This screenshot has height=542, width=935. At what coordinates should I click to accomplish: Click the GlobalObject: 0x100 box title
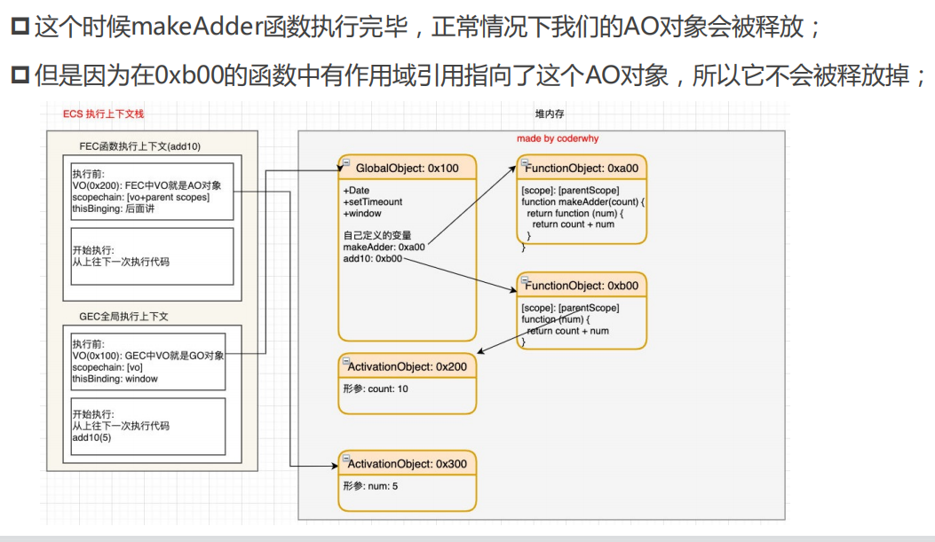pyautogui.click(x=407, y=168)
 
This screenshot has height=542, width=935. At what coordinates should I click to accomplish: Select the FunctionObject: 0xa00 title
pyautogui.click(x=583, y=168)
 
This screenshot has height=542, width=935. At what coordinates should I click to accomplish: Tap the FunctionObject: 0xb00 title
pyautogui.click(x=583, y=286)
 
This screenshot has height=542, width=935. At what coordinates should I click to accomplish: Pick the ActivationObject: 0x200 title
pyautogui.click(x=407, y=366)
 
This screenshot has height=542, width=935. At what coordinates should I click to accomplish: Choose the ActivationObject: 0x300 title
pyautogui.click(x=407, y=464)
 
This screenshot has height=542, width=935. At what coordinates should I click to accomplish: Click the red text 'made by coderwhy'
pyautogui.click(x=557, y=139)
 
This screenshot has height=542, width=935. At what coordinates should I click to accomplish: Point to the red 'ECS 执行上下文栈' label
pyautogui.click(x=104, y=114)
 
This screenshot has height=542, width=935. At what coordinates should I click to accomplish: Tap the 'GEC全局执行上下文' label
pyautogui.click(x=123, y=316)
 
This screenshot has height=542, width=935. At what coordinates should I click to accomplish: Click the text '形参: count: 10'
pyautogui.click(x=376, y=389)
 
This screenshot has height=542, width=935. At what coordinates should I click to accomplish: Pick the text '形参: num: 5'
pyautogui.click(x=370, y=486)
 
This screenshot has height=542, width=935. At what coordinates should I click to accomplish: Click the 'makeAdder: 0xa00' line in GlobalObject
pyautogui.click(x=384, y=247)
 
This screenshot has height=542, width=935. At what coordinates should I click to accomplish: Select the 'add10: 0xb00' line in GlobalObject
pyautogui.click(x=372, y=258)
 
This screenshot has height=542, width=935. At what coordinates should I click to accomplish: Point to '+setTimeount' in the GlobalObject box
pyautogui.click(x=372, y=201)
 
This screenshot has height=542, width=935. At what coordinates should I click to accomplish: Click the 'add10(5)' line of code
pyautogui.click(x=92, y=437)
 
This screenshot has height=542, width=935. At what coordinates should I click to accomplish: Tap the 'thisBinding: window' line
pyautogui.click(x=115, y=379)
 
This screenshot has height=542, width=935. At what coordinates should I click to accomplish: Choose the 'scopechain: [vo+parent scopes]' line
pyautogui.click(x=140, y=197)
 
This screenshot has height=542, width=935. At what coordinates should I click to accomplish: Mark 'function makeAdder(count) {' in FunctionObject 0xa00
pyautogui.click(x=582, y=202)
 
